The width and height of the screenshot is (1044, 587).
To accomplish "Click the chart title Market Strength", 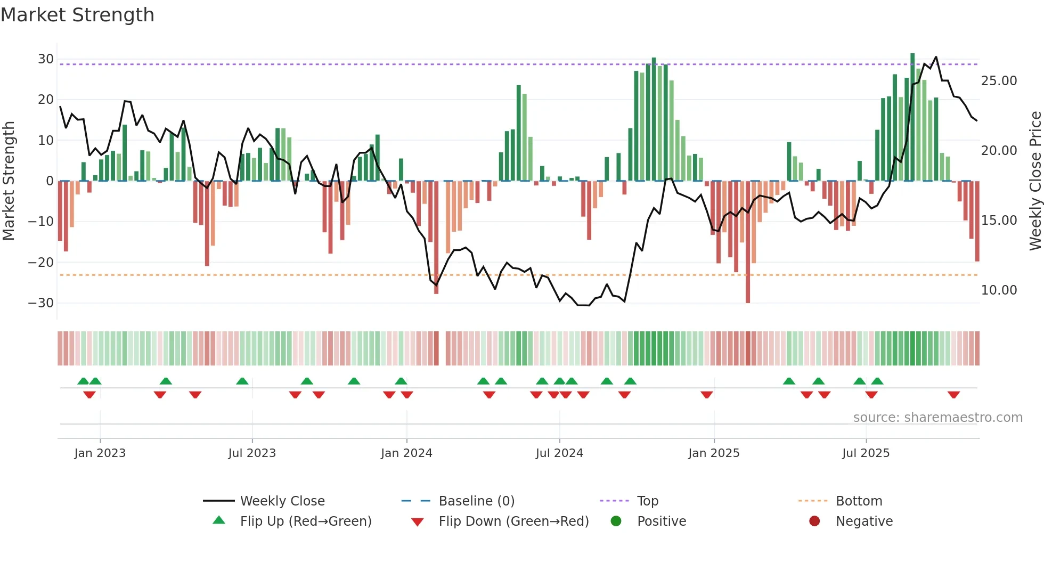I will pyautogui.click(x=77, y=15).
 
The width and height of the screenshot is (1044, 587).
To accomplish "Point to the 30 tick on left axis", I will pyautogui.click(x=45, y=59).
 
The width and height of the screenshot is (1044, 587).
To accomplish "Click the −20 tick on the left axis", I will pyautogui.click(x=41, y=262).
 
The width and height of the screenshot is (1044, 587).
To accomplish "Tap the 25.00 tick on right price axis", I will pyautogui.click(x=999, y=81).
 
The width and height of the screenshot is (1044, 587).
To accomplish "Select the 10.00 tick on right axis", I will pyautogui.click(x=999, y=290).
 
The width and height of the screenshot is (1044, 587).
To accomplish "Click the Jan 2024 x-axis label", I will pyautogui.click(x=406, y=453).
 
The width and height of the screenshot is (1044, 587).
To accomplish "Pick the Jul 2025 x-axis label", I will pyautogui.click(x=866, y=453).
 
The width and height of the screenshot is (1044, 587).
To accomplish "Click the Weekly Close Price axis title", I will pyautogui.click(x=1035, y=181).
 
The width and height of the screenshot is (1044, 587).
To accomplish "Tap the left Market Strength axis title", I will pyautogui.click(x=9, y=181).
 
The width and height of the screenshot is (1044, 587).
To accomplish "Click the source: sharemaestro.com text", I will pyautogui.click(x=937, y=418).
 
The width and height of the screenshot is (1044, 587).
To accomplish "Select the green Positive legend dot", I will pyautogui.click(x=616, y=521).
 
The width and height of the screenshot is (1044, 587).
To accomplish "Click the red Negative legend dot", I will pyautogui.click(x=814, y=521).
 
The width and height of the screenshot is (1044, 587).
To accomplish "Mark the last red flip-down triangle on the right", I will pyautogui.click(x=953, y=395).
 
